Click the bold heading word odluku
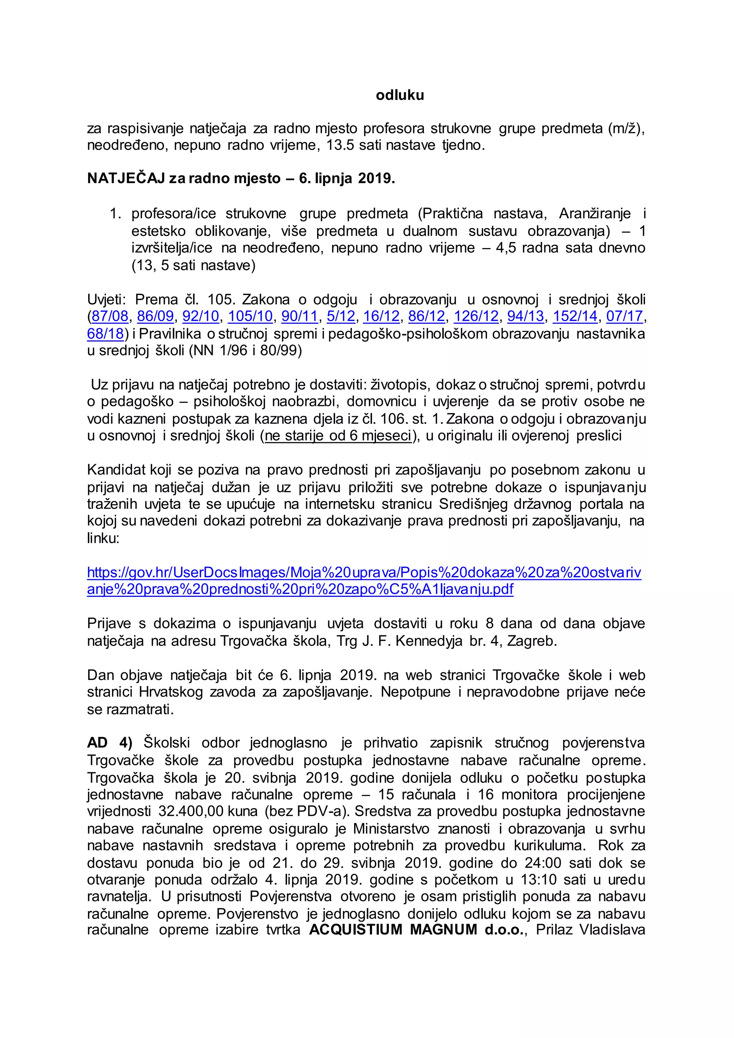click(x=400, y=95)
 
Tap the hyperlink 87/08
click(x=110, y=316)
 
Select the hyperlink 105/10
click(x=250, y=316)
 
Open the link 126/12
click(x=476, y=316)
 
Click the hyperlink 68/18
click(x=105, y=334)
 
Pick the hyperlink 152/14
click(x=575, y=316)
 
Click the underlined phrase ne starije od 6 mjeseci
click(x=338, y=436)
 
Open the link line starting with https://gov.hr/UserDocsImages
click(x=364, y=573)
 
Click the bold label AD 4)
click(x=109, y=743)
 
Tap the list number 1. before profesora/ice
click(x=116, y=214)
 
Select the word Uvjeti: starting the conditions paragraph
click(x=107, y=299)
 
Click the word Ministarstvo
click(x=389, y=829)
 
